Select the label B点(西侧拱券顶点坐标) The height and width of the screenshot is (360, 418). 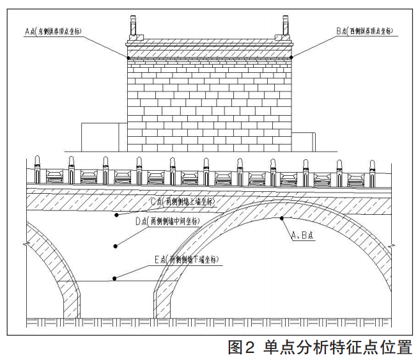point(365,31)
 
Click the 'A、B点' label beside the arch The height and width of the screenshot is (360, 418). point(303,236)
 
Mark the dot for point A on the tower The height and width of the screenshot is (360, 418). point(128,58)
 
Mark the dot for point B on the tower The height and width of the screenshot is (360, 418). point(291,58)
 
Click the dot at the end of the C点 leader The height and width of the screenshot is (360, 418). point(116,215)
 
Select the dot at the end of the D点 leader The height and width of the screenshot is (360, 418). point(116,245)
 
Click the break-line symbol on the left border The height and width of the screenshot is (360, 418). point(26,244)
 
